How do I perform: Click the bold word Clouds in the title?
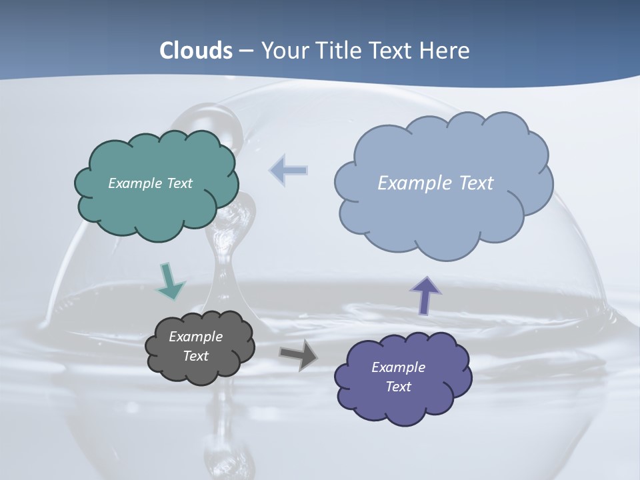[196, 51]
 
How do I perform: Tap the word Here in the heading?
[447, 51]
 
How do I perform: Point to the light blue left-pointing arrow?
[289, 171]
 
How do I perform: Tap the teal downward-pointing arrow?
[169, 281]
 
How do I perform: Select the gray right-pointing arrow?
[298, 355]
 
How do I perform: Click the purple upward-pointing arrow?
[425, 295]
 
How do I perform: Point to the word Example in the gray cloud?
[195, 337]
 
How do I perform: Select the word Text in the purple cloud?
[398, 387]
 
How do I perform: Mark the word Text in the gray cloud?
[195, 356]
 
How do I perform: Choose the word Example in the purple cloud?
[398, 367]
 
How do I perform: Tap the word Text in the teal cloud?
[178, 183]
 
